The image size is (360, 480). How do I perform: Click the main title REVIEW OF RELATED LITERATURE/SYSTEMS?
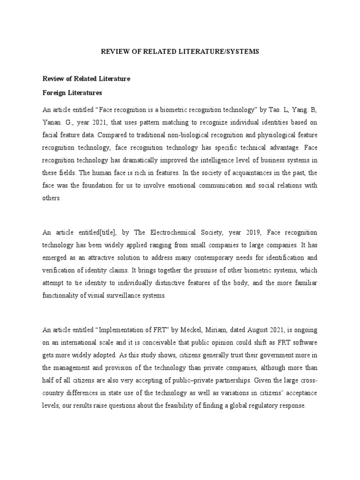click(x=180, y=51)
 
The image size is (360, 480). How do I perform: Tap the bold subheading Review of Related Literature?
click(x=86, y=79)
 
